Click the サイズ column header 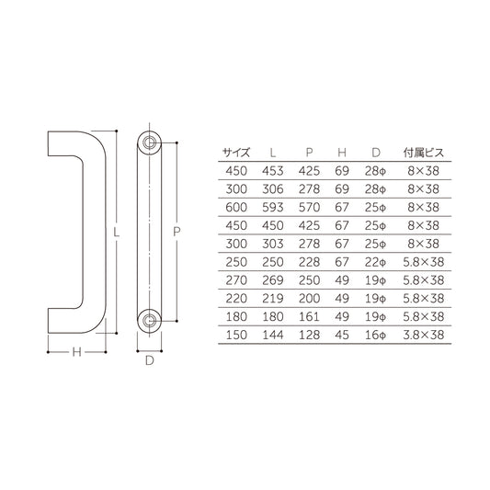pos(237,152)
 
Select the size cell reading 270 pos(237,282)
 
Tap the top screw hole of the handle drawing pos(148,142)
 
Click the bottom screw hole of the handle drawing pos(148,320)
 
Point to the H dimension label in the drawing pos(78,352)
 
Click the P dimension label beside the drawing pos(177,234)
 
